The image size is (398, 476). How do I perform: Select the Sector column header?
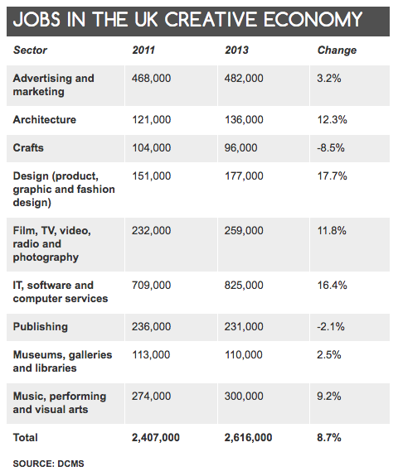(x=30, y=50)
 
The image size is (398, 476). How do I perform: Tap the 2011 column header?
(x=143, y=50)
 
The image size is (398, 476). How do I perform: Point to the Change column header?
(x=337, y=50)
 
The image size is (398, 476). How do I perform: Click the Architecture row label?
(x=45, y=119)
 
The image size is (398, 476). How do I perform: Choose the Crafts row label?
(x=28, y=148)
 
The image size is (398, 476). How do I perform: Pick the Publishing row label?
(x=41, y=327)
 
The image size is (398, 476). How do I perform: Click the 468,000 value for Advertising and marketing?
(x=152, y=79)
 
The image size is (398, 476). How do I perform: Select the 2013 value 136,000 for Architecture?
(x=244, y=119)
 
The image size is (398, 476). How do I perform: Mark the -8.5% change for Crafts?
(x=331, y=148)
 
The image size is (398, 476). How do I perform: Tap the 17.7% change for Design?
(x=332, y=176)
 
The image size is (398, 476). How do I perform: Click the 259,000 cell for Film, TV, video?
(x=244, y=231)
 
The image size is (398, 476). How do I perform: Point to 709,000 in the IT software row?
(x=152, y=286)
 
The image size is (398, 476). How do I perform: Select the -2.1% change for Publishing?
(x=331, y=327)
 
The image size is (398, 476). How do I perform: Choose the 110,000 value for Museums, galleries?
(x=244, y=355)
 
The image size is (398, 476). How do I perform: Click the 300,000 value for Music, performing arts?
(x=244, y=397)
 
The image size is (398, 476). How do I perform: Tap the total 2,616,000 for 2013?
(x=249, y=437)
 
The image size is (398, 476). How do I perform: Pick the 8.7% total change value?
(x=329, y=437)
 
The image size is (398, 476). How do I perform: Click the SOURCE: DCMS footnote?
(x=49, y=464)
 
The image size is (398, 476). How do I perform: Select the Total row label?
(x=26, y=437)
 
